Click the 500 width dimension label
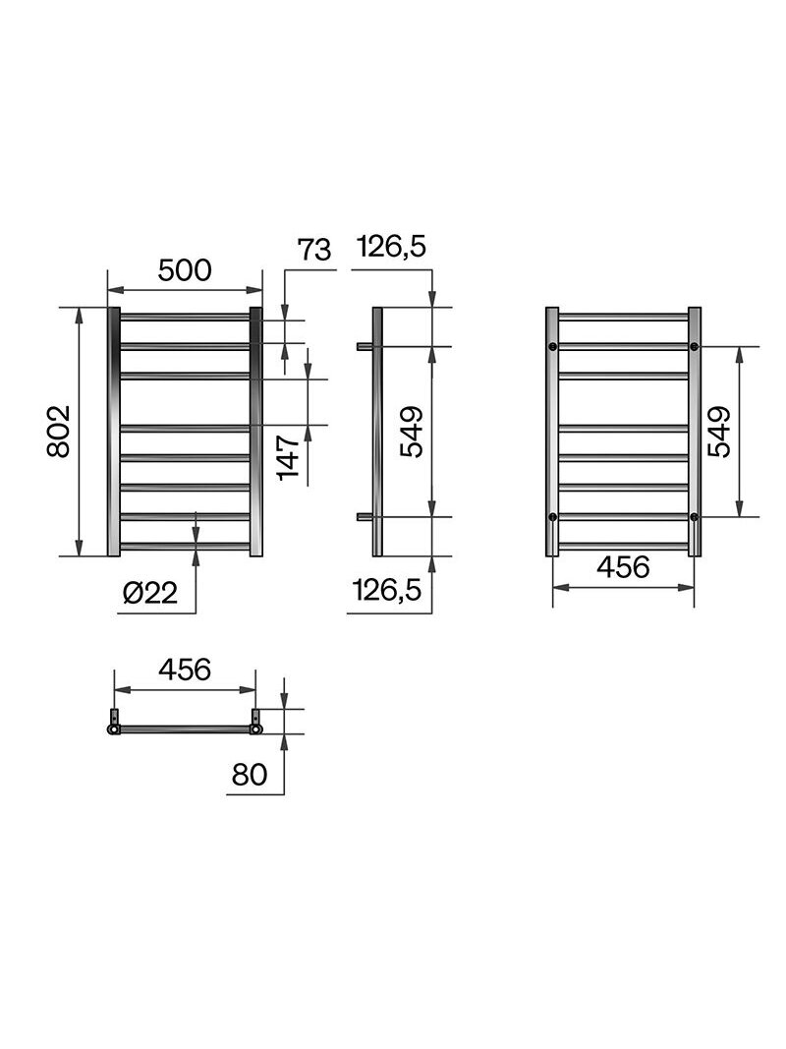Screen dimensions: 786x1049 185,270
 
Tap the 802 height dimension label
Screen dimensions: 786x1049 59,431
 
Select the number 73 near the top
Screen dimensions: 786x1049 314,250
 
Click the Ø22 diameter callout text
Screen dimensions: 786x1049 150,593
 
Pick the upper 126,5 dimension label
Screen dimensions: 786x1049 391,247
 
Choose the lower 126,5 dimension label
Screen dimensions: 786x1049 387,590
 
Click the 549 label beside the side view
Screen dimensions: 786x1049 412,432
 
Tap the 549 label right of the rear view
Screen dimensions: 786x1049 720,432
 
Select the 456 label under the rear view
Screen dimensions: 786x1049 623,567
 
